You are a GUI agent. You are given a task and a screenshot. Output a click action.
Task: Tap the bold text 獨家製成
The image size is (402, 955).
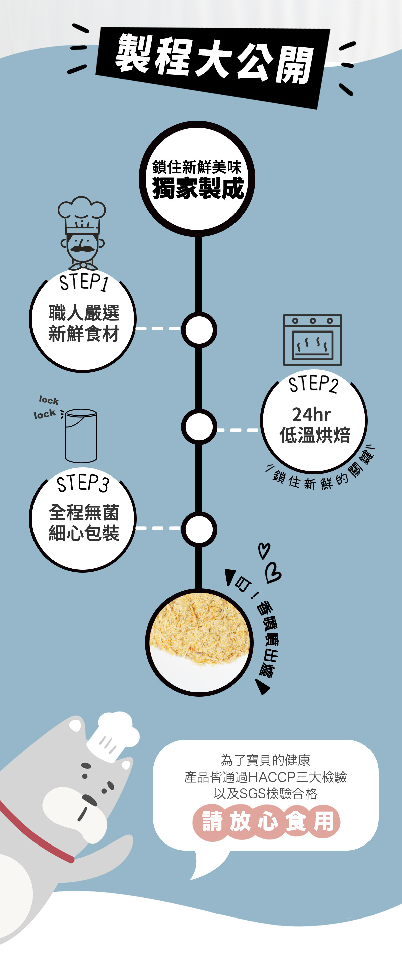pos(198,188)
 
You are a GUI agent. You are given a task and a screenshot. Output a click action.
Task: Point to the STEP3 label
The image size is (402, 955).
pos(83,484)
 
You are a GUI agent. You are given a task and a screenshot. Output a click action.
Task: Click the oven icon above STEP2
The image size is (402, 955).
pos(312,340)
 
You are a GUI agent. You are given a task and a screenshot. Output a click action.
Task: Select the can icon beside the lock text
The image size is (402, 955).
pos(81,436)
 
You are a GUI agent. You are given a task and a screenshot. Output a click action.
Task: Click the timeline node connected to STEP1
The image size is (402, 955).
pos(199,329)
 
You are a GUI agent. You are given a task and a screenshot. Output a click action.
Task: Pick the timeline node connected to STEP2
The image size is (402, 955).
pos(199,427)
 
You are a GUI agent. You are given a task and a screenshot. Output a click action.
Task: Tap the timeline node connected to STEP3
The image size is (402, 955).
pos(199,529)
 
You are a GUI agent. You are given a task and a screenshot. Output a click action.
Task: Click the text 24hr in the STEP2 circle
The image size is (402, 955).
pos(311,415)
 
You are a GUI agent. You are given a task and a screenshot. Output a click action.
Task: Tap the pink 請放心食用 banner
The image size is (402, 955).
pos(266,821)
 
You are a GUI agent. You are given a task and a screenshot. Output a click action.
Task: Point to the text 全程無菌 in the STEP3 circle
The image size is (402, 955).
pos(84,513)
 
